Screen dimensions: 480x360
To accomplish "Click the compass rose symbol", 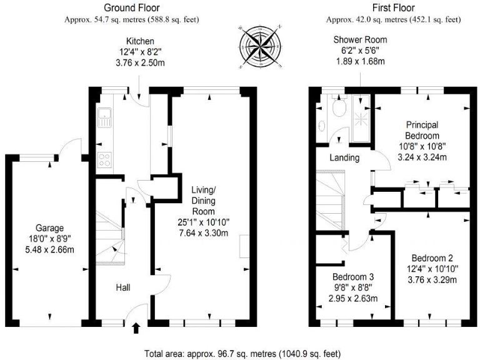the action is tap(259, 47).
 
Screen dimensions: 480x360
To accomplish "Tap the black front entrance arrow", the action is tap(136, 328).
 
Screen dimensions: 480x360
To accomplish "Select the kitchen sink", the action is tap(104, 117).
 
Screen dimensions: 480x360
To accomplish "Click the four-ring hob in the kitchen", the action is tap(104, 159).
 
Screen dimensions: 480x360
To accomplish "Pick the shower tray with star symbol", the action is tap(361, 118).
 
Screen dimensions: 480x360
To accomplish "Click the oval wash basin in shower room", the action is tap(322, 126).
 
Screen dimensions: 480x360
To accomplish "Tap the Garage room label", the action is tap(49, 228).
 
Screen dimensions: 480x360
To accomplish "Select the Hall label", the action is tap(123, 287).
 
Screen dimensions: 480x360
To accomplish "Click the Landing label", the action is tap(344, 157).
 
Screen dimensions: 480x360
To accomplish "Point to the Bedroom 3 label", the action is tap(353, 277).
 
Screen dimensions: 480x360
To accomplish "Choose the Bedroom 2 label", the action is tap(432, 258).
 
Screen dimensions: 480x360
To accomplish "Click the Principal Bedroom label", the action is tap(422, 130).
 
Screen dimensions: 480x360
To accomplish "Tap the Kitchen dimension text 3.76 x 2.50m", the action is tap(140, 63).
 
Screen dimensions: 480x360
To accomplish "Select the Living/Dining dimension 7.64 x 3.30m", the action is tap(204, 233).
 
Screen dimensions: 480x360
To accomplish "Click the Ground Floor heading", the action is tap(132, 7).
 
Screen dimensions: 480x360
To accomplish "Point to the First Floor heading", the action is tap(394, 7).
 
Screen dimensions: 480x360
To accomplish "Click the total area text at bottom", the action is tap(242, 354).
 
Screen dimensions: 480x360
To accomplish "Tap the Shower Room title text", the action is tap(360, 40).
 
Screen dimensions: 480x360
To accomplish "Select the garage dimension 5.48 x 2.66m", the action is tap(49, 250).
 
